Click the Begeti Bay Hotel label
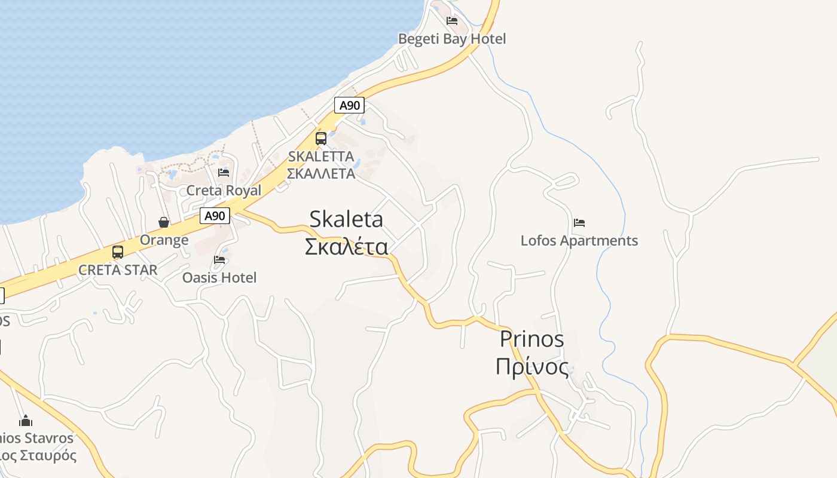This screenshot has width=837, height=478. coord(452,39)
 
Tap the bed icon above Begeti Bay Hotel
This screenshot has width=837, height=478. coord(452,20)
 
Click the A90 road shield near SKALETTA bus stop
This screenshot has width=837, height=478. coord(349,106)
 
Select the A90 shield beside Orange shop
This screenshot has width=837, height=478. coord(215,216)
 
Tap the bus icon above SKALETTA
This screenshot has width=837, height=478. coord(321,139)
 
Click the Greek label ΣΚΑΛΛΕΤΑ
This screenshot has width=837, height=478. coord(321,174)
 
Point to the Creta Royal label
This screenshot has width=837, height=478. coord(224,191)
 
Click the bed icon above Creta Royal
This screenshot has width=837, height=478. coord(224,173)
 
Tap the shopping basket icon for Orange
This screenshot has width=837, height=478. coord(164,222)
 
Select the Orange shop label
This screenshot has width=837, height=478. coord(164,240)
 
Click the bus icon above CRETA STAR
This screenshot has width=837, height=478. coord(118,252)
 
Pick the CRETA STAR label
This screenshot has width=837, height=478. coord(118,270)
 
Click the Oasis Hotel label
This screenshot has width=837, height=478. coord(219,278)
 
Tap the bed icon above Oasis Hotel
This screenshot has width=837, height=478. coord(219,260)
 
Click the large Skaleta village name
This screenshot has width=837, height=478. coord(346,219)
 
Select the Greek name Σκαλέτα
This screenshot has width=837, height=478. coord(346,246)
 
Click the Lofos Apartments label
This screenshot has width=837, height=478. coord(579,241)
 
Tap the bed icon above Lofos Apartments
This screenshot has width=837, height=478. coord(579,223)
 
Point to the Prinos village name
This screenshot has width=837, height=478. coord(531,339)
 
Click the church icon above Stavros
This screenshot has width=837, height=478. coord(25,421)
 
